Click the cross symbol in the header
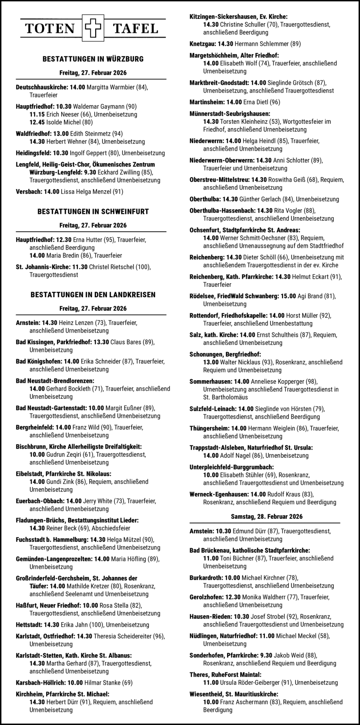pos(92,29)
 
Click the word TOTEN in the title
pos(50,29)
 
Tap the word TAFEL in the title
pos(135,29)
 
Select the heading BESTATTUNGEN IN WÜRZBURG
pos(93,59)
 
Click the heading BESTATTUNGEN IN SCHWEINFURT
pos(93,212)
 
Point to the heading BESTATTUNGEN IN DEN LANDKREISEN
pos(93,295)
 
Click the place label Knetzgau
pos(202,44)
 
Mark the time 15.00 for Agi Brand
pos(287,296)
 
